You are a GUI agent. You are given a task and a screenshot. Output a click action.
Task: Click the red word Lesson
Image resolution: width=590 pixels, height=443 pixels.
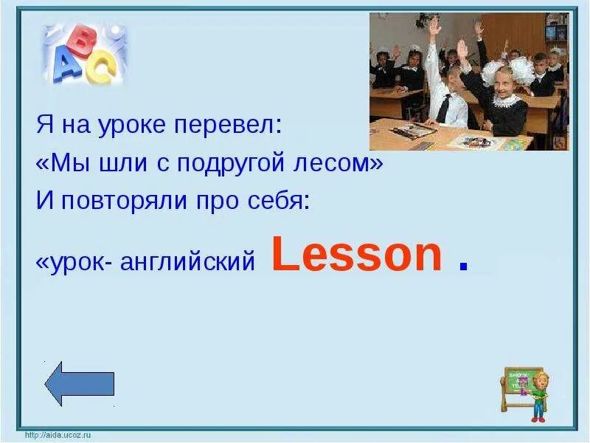[357, 255]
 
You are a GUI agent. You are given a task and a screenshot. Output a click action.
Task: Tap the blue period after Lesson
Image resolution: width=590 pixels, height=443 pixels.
[463, 267]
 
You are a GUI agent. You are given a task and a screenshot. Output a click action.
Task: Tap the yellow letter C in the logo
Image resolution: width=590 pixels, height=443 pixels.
[103, 69]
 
